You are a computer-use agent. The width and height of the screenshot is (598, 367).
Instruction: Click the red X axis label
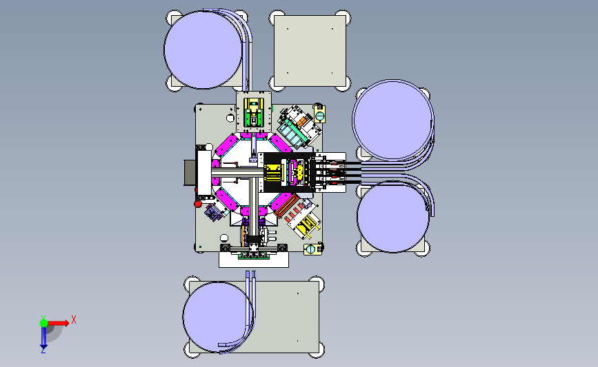(74, 319)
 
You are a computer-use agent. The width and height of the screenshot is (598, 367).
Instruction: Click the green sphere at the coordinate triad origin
(43, 323)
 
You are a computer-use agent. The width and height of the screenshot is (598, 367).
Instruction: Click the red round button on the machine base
(197, 204)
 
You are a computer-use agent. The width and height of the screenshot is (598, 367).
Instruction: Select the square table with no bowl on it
(310, 51)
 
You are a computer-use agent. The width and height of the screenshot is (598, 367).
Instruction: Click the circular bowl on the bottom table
(218, 317)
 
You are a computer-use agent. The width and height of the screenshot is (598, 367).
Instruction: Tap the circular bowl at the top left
(203, 50)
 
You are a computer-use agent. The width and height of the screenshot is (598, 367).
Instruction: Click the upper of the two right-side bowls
(393, 120)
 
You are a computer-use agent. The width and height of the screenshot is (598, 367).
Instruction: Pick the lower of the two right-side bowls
(393, 216)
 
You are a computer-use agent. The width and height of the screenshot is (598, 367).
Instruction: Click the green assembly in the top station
(253, 116)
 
